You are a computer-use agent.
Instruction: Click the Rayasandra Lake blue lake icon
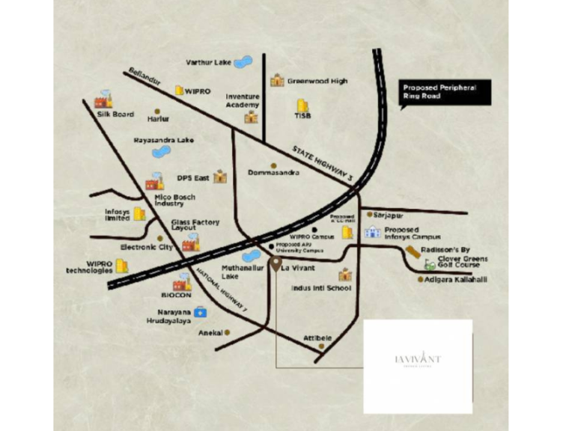(x=160, y=151)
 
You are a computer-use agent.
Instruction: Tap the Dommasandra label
(x=274, y=173)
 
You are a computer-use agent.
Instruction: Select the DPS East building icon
(x=219, y=177)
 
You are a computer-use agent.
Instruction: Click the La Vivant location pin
(x=276, y=263)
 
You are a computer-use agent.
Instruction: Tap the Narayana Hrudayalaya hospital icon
(x=199, y=311)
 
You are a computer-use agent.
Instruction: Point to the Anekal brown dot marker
(x=228, y=331)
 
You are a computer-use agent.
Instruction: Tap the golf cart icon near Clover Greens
(x=430, y=263)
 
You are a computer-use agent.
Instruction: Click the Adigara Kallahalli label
(x=457, y=280)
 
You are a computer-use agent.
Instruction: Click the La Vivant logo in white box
(x=418, y=360)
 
